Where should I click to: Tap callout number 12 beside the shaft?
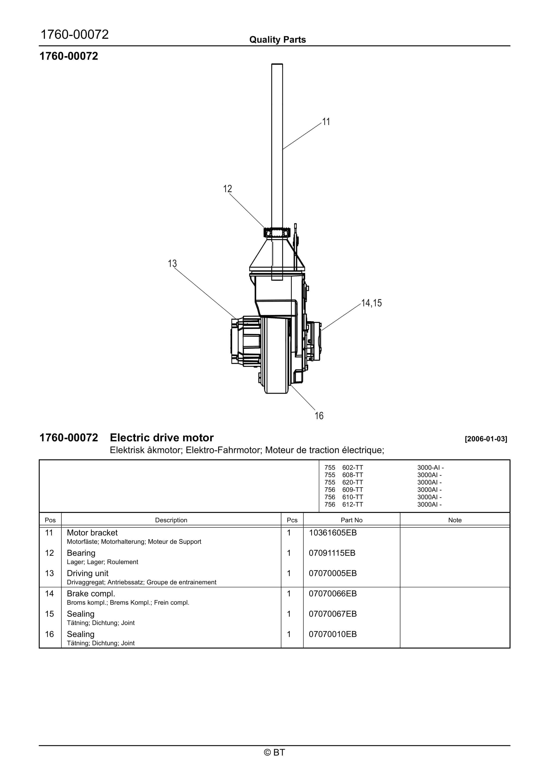pyautogui.click(x=227, y=189)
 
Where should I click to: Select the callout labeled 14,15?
pyautogui.click(x=371, y=303)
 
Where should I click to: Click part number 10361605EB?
pyautogui.click(x=332, y=533)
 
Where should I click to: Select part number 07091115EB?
pyautogui.click(x=332, y=553)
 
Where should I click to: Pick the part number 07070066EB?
pyautogui.click(x=332, y=594)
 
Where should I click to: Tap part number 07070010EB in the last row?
pyautogui.click(x=332, y=634)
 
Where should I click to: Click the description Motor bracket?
pyautogui.click(x=92, y=533)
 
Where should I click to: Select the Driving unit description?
pyautogui.click(x=87, y=573)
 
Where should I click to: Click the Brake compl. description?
pyautogui.click(x=91, y=594)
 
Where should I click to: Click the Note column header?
pyautogui.click(x=455, y=520)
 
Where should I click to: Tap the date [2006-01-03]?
pyautogui.click(x=486, y=439)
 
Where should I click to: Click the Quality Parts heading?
pyautogui.click(x=277, y=40)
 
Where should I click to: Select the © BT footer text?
pyautogui.click(x=274, y=752)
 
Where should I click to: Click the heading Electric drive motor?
pyautogui.click(x=161, y=438)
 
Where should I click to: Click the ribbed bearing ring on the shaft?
pyautogui.click(x=277, y=233)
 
